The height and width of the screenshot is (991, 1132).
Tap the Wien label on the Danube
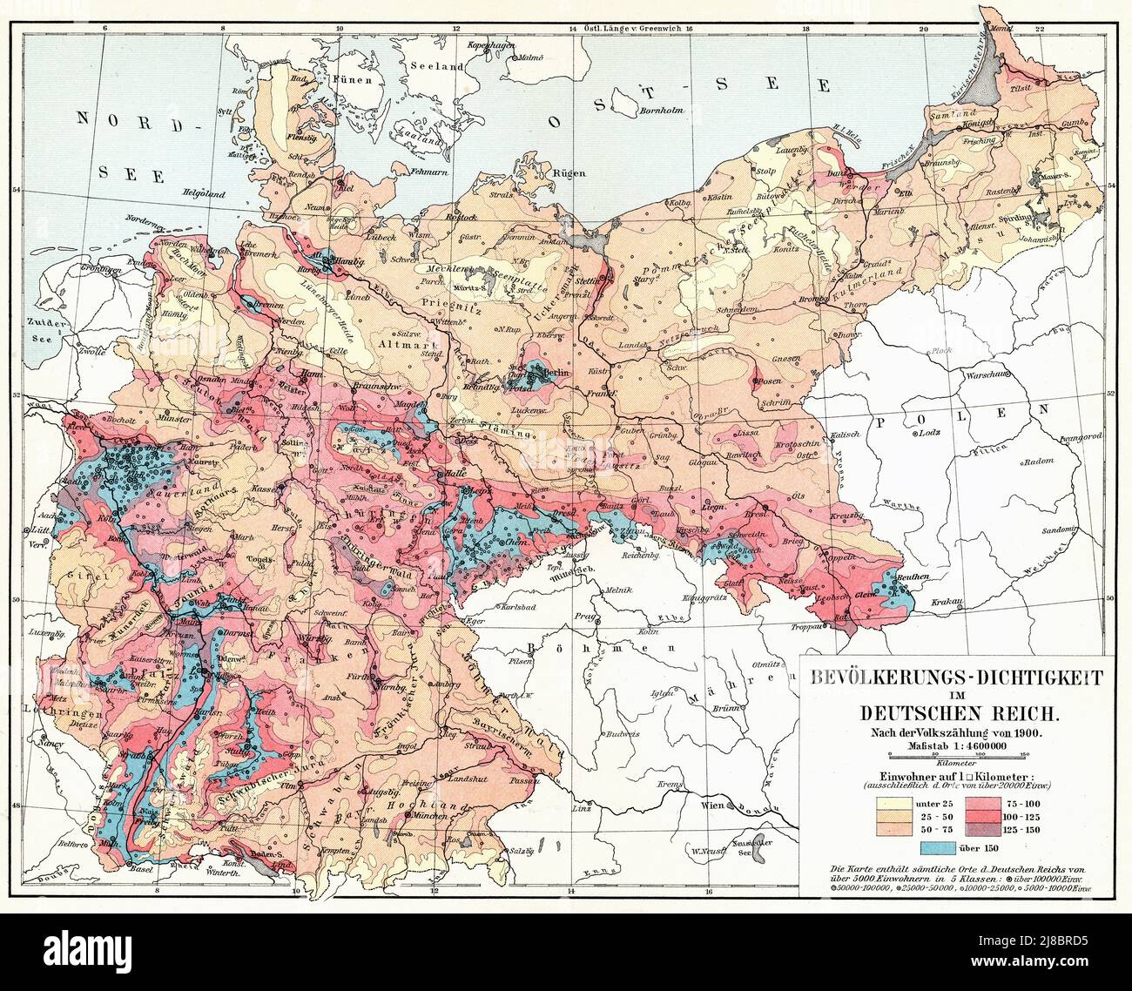pos(718,806)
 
